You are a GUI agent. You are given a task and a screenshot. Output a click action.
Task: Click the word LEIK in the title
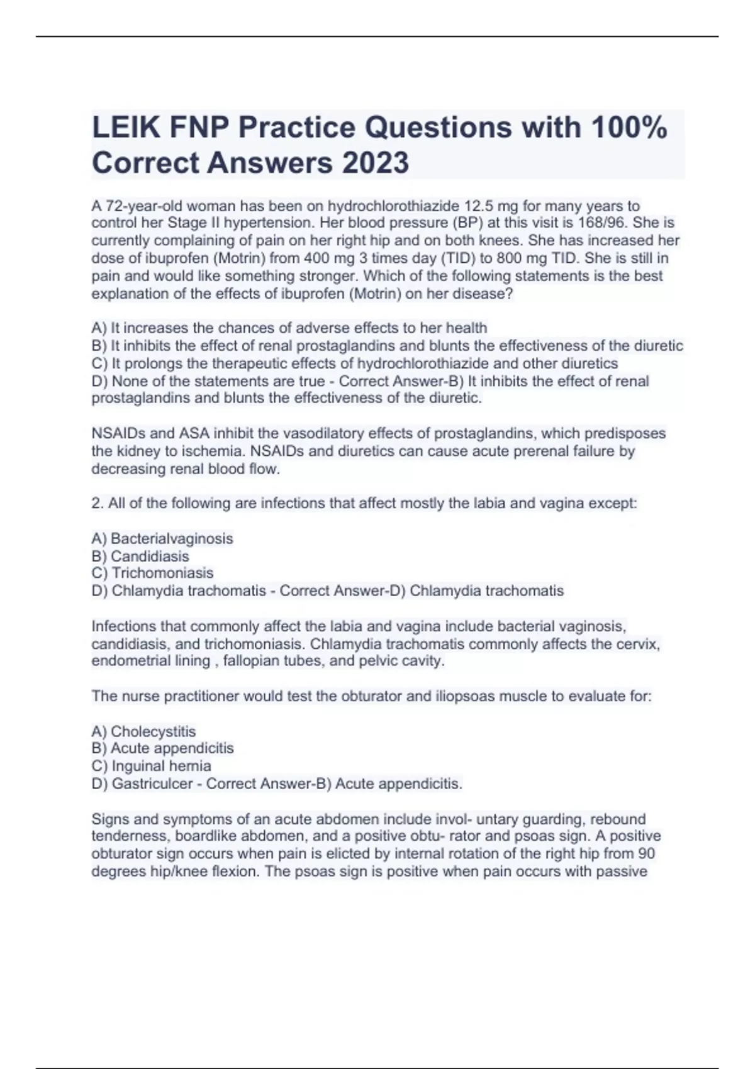point(125,128)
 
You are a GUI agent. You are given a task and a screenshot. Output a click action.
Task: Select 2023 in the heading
point(376,163)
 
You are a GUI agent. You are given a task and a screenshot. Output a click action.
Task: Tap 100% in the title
point(629,128)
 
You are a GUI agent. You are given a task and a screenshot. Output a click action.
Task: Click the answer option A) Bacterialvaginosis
point(162,539)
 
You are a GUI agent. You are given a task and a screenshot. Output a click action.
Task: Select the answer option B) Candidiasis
point(140,557)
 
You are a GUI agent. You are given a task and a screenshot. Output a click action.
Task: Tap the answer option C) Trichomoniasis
point(152,573)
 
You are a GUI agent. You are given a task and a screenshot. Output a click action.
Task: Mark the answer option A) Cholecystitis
point(143,732)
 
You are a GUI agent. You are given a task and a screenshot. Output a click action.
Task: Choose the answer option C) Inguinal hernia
point(151,767)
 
